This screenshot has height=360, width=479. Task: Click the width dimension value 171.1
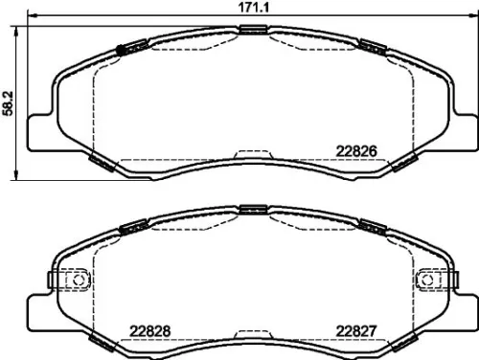(252, 8)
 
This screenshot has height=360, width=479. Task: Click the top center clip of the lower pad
(253, 210)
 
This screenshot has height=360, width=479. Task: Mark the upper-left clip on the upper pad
(129, 45)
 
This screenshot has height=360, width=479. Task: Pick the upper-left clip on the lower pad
(130, 227)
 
